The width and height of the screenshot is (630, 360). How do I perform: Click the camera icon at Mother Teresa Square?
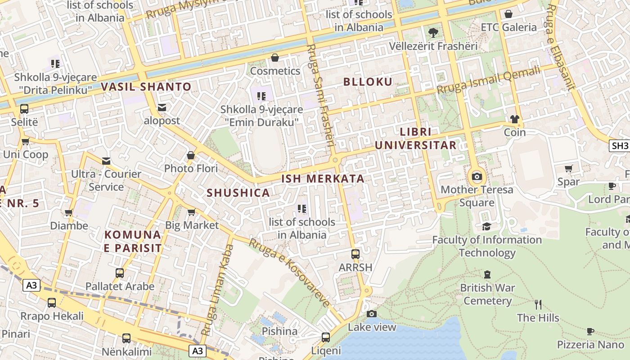tap(477, 176)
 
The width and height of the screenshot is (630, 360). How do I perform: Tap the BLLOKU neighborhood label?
tap(368, 81)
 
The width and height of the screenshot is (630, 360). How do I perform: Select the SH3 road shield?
tap(619, 145)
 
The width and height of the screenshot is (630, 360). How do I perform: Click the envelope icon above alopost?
tap(162, 108)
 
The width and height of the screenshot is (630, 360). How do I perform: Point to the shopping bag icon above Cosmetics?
tap(274, 58)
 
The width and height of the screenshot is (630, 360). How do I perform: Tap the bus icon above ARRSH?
tap(355, 254)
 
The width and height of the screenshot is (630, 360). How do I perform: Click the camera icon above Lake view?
tap(371, 314)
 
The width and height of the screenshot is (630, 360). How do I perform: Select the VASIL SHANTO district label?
tap(146, 87)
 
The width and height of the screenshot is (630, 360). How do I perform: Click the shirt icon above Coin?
tap(515, 119)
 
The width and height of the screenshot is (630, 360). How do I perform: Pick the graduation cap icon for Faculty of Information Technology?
tap(486, 226)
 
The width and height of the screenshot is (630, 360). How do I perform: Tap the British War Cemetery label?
tap(487, 294)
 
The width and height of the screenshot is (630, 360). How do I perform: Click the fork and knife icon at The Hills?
tap(538, 304)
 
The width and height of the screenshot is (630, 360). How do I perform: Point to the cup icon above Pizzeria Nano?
tap(590, 332)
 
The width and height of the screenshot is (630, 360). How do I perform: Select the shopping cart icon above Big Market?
tap(191, 212)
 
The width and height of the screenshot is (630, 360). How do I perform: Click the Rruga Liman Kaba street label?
tap(217, 290)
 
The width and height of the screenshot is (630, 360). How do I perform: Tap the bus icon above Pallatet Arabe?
tap(120, 273)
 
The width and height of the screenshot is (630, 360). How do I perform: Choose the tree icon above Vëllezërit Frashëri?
tap(433, 32)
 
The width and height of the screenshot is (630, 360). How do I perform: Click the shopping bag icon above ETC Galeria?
tap(508, 14)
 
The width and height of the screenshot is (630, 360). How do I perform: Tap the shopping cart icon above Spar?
tap(568, 168)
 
